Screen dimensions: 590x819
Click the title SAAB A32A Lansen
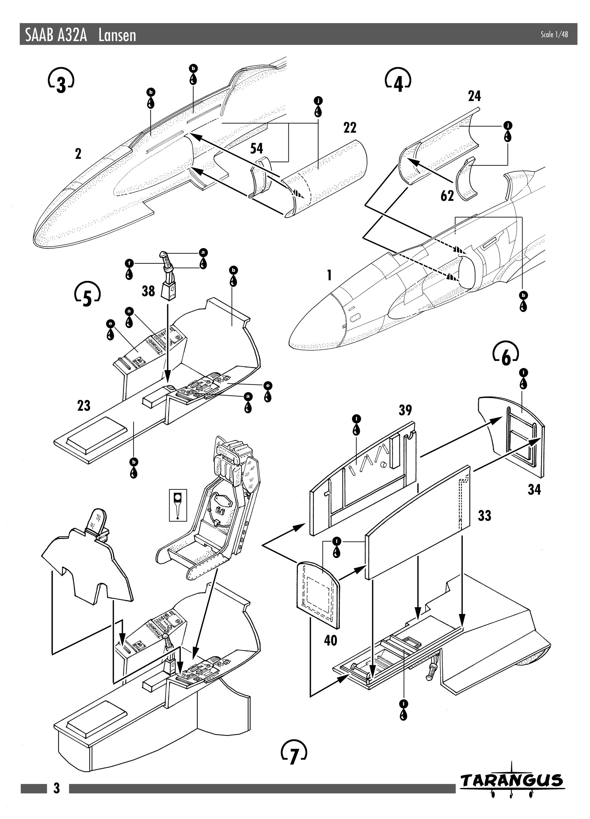[81, 35]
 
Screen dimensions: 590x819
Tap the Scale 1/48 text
[554, 34]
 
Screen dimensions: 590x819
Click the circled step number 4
[398, 80]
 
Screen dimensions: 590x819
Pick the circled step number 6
[506, 353]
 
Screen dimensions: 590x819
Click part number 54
[257, 148]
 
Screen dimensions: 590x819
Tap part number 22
[350, 127]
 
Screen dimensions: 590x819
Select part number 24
[474, 96]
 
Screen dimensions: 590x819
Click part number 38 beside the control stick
[148, 291]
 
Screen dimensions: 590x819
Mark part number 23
[84, 405]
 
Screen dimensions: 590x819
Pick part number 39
[405, 410]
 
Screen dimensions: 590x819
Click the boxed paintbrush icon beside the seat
[178, 505]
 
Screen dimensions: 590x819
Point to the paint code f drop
[129, 269]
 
